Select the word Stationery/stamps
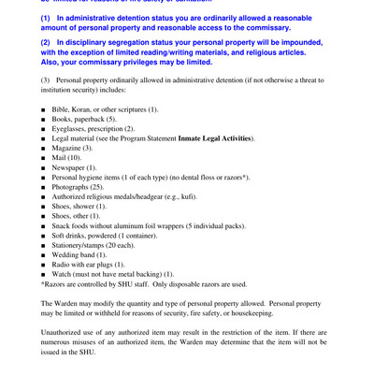[x=86, y=245]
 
